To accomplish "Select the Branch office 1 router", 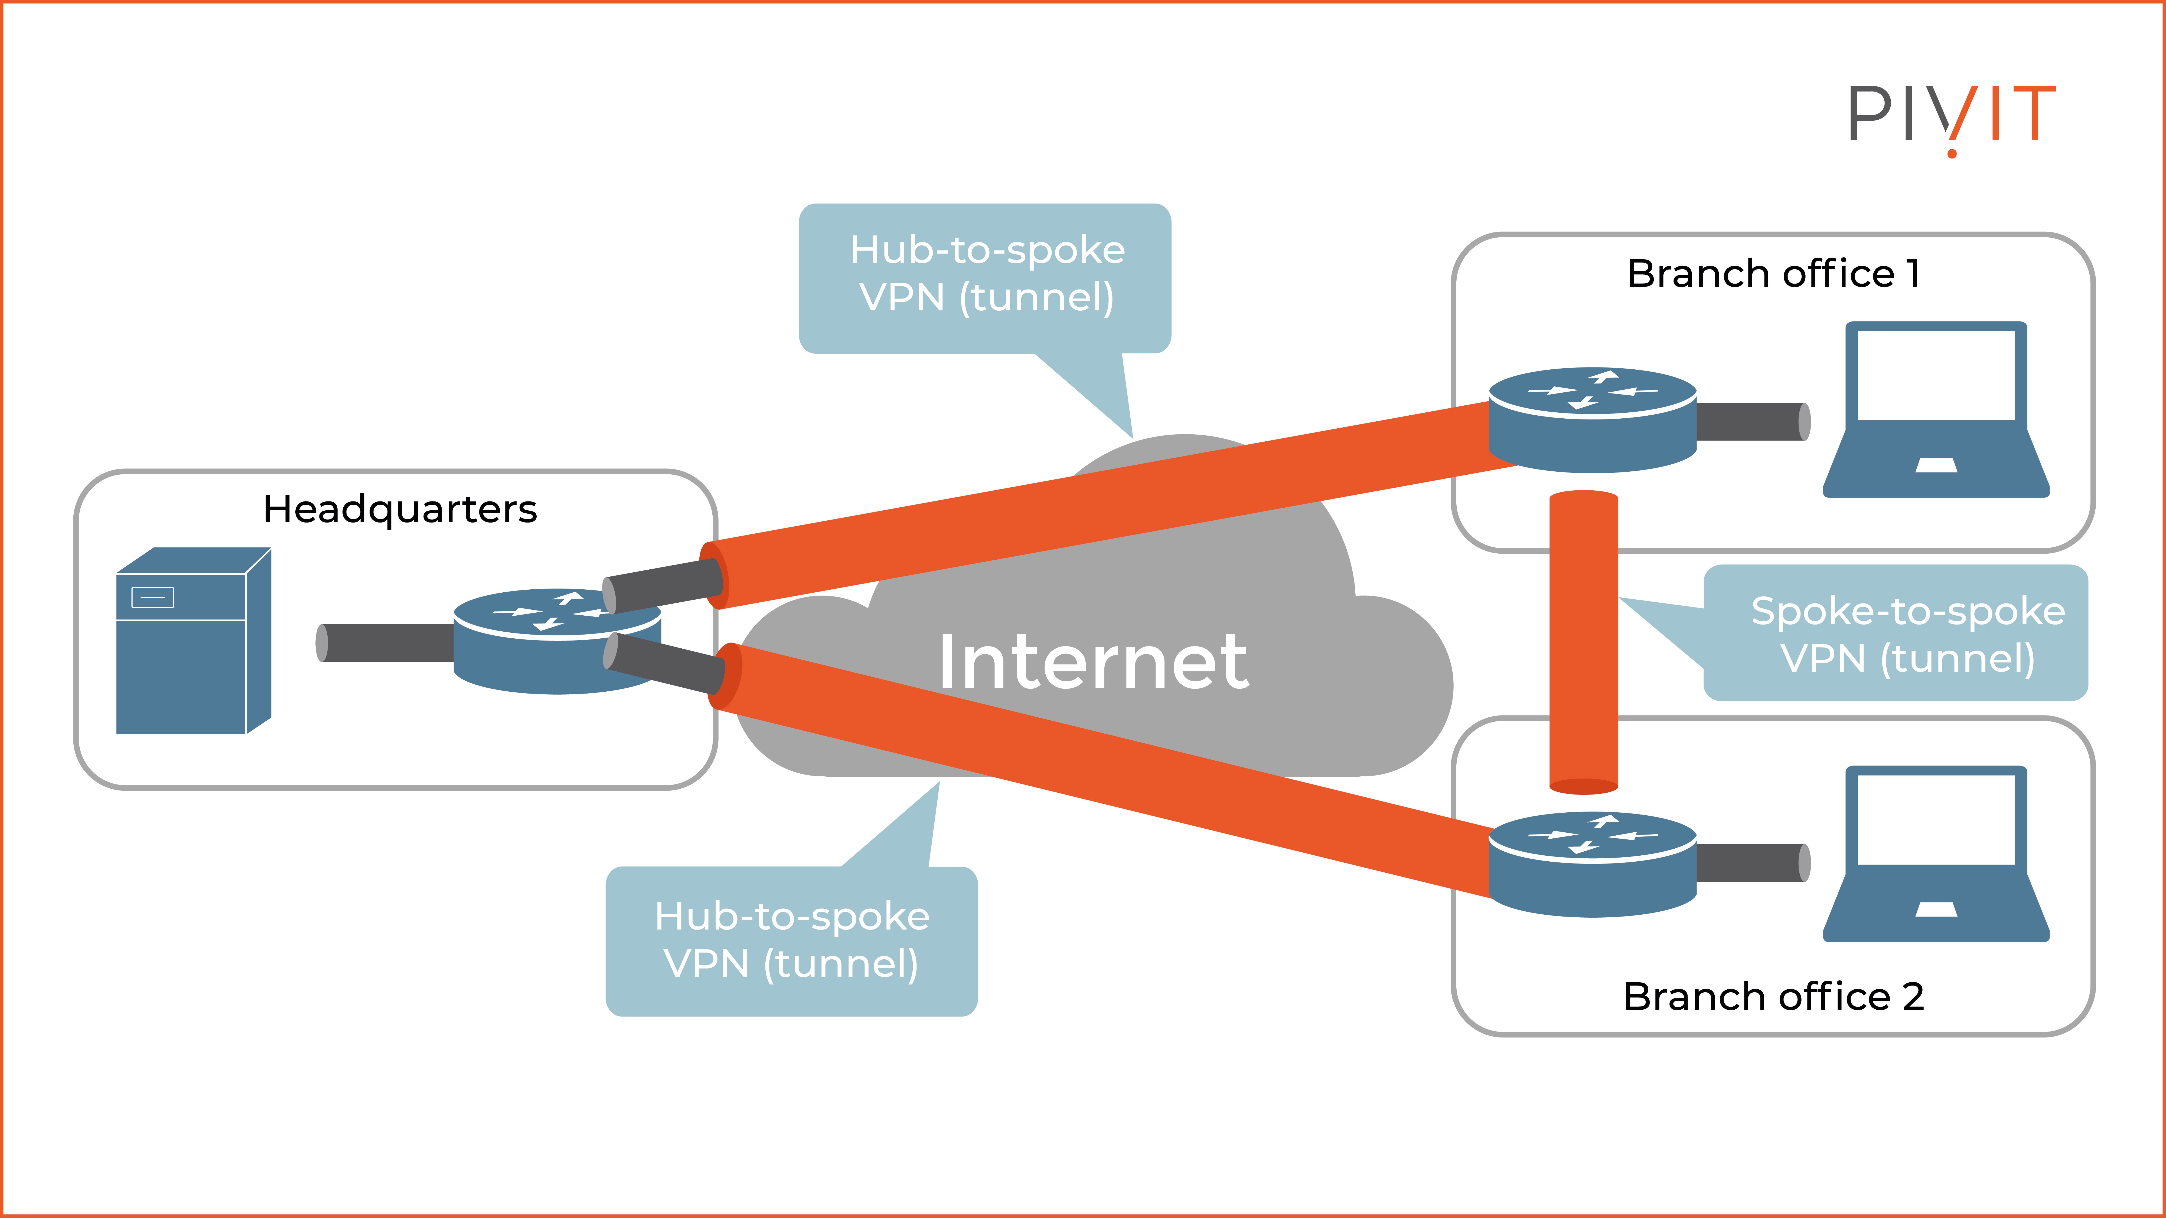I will pos(1592,420).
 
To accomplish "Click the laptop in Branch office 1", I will pos(1936,409).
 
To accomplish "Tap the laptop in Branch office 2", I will pos(1936,853).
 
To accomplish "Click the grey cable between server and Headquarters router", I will pos(387,643).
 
